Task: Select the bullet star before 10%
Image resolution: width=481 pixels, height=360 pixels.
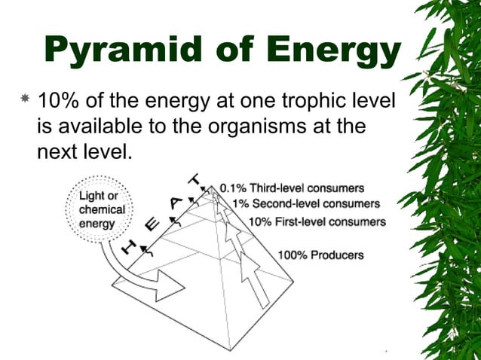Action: pyautogui.click(x=25, y=99)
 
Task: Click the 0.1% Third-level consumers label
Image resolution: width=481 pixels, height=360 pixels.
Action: pyautogui.click(x=292, y=188)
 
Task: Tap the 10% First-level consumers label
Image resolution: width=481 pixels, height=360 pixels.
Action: pyautogui.click(x=317, y=221)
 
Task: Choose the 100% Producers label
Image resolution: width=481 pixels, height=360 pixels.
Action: pyautogui.click(x=320, y=255)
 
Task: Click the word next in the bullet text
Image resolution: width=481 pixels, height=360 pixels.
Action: pyautogui.click(x=61, y=151)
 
